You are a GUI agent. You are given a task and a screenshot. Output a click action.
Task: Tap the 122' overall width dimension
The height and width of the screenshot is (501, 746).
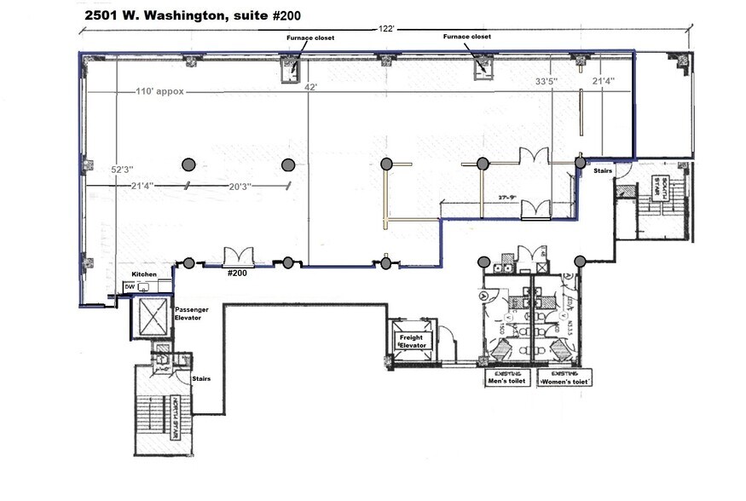386,28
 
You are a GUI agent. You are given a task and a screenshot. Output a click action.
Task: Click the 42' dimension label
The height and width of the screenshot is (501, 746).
311,86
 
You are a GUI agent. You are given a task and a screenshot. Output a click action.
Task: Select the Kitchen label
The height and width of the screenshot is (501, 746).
144,274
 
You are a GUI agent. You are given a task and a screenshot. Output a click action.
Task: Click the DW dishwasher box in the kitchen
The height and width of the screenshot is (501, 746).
130,287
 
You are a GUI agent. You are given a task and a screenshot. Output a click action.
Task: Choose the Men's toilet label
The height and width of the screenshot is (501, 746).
507,379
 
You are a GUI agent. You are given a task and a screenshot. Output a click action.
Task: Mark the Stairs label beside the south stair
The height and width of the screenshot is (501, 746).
604,170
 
